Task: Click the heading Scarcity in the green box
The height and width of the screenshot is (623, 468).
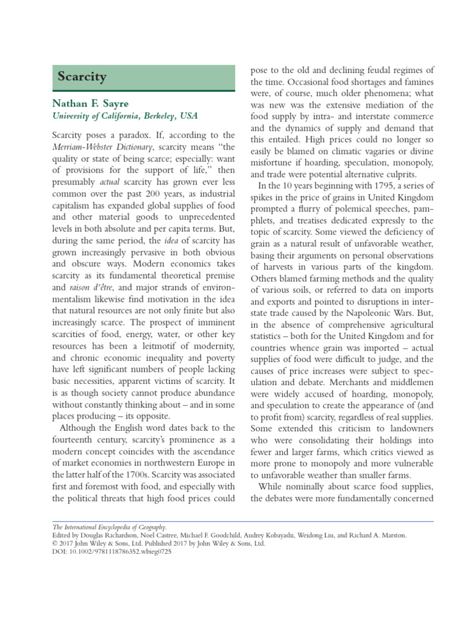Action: [82, 77]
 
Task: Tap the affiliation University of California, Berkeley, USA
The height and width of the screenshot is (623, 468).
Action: [127, 116]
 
